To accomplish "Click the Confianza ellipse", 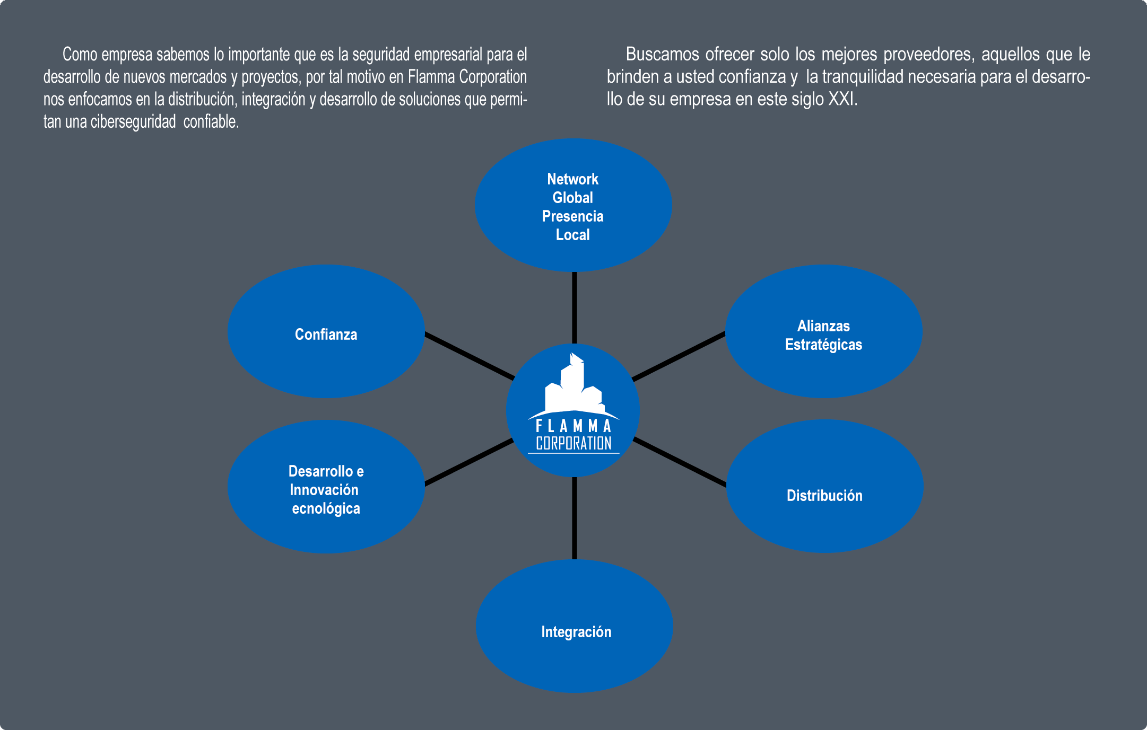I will click(x=326, y=331).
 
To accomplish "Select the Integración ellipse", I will click(x=575, y=626).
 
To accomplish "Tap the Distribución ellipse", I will click(x=824, y=486).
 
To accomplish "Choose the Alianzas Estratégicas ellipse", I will click(x=823, y=331).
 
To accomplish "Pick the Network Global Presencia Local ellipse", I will click(x=573, y=205).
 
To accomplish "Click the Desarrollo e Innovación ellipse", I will click(x=326, y=487).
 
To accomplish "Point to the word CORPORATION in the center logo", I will click(x=573, y=443).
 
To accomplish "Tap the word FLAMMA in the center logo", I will click(x=573, y=426).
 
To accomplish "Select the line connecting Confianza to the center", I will click(x=469, y=356).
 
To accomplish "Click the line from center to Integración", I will click(x=575, y=518).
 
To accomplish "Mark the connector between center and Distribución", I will click(x=680, y=462).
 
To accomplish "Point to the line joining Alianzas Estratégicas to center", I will click(x=679, y=356).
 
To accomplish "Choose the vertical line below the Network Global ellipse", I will click(x=575, y=307).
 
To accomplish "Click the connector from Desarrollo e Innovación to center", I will click(x=469, y=462).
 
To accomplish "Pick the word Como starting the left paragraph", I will click(x=80, y=54).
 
